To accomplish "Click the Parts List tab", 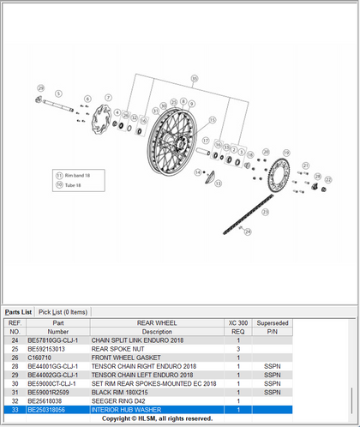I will pos(19,311).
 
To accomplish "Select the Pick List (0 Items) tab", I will pos(63,311).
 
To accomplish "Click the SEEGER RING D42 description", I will pos(117,400).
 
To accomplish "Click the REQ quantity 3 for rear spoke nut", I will pos(237,350).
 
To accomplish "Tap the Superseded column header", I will pos(273,323).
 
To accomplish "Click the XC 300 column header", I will pos(237,323).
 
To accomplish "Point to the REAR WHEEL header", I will pos(157,323).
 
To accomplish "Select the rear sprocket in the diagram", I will pos(278,176).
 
